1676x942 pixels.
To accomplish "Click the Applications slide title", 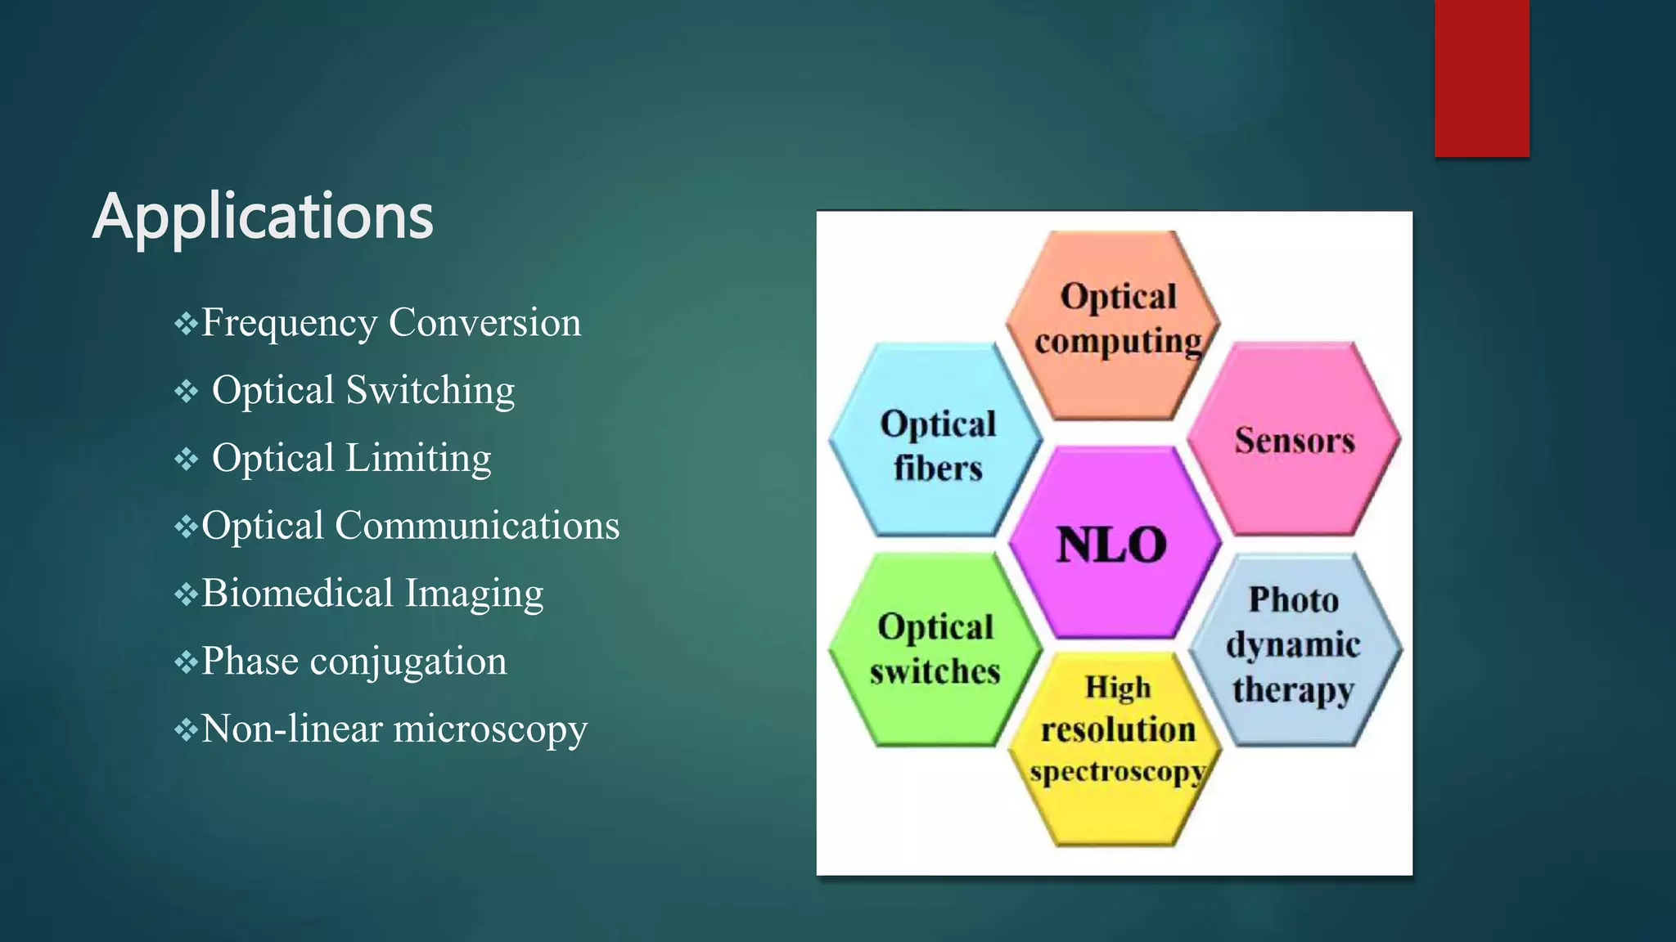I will (x=263, y=216).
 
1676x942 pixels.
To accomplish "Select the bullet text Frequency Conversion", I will (x=391, y=322).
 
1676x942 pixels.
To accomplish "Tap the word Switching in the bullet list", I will (x=430, y=390).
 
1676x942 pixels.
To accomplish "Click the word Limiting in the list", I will (x=418, y=458).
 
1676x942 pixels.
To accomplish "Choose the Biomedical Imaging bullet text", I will (x=372, y=593).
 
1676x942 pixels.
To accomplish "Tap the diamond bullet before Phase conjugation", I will (x=186, y=661).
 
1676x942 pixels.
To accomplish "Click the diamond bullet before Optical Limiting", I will (x=186, y=459).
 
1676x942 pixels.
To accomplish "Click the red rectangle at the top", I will (x=1481, y=78).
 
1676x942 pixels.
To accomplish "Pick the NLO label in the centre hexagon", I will (x=1111, y=545).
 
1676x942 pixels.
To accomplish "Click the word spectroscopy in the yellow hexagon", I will (x=1116, y=771).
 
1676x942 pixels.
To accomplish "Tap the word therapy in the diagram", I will (x=1293, y=689).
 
